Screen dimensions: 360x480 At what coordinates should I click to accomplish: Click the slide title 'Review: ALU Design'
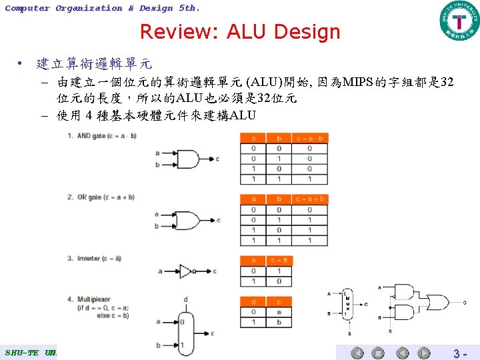pos(240,31)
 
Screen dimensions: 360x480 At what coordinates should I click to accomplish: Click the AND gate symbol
pos(187,159)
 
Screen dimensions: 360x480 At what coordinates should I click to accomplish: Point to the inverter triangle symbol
pos(186,271)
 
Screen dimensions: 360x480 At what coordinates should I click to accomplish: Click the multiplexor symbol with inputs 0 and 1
pos(186,333)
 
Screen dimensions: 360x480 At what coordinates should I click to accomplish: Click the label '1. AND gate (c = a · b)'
pos(101,136)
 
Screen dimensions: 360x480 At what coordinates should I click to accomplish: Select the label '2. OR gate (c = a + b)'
pos(101,197)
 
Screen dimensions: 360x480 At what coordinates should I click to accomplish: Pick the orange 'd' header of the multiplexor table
pos(253,302)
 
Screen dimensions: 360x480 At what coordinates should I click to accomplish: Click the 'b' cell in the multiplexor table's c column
pos(279,322)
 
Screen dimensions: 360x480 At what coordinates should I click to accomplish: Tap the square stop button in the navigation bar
pos(378,353)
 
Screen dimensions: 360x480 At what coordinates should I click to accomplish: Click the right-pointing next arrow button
pos(423,353)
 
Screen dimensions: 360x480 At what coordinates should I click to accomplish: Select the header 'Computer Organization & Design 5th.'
pos(101,8)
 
